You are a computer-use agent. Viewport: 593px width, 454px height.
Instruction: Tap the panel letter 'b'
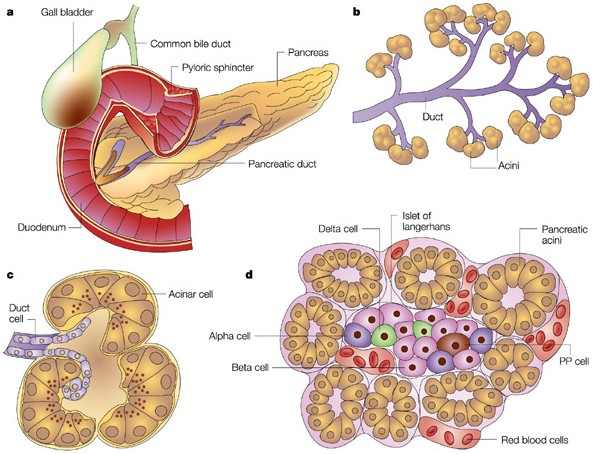(x=355, y=12)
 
